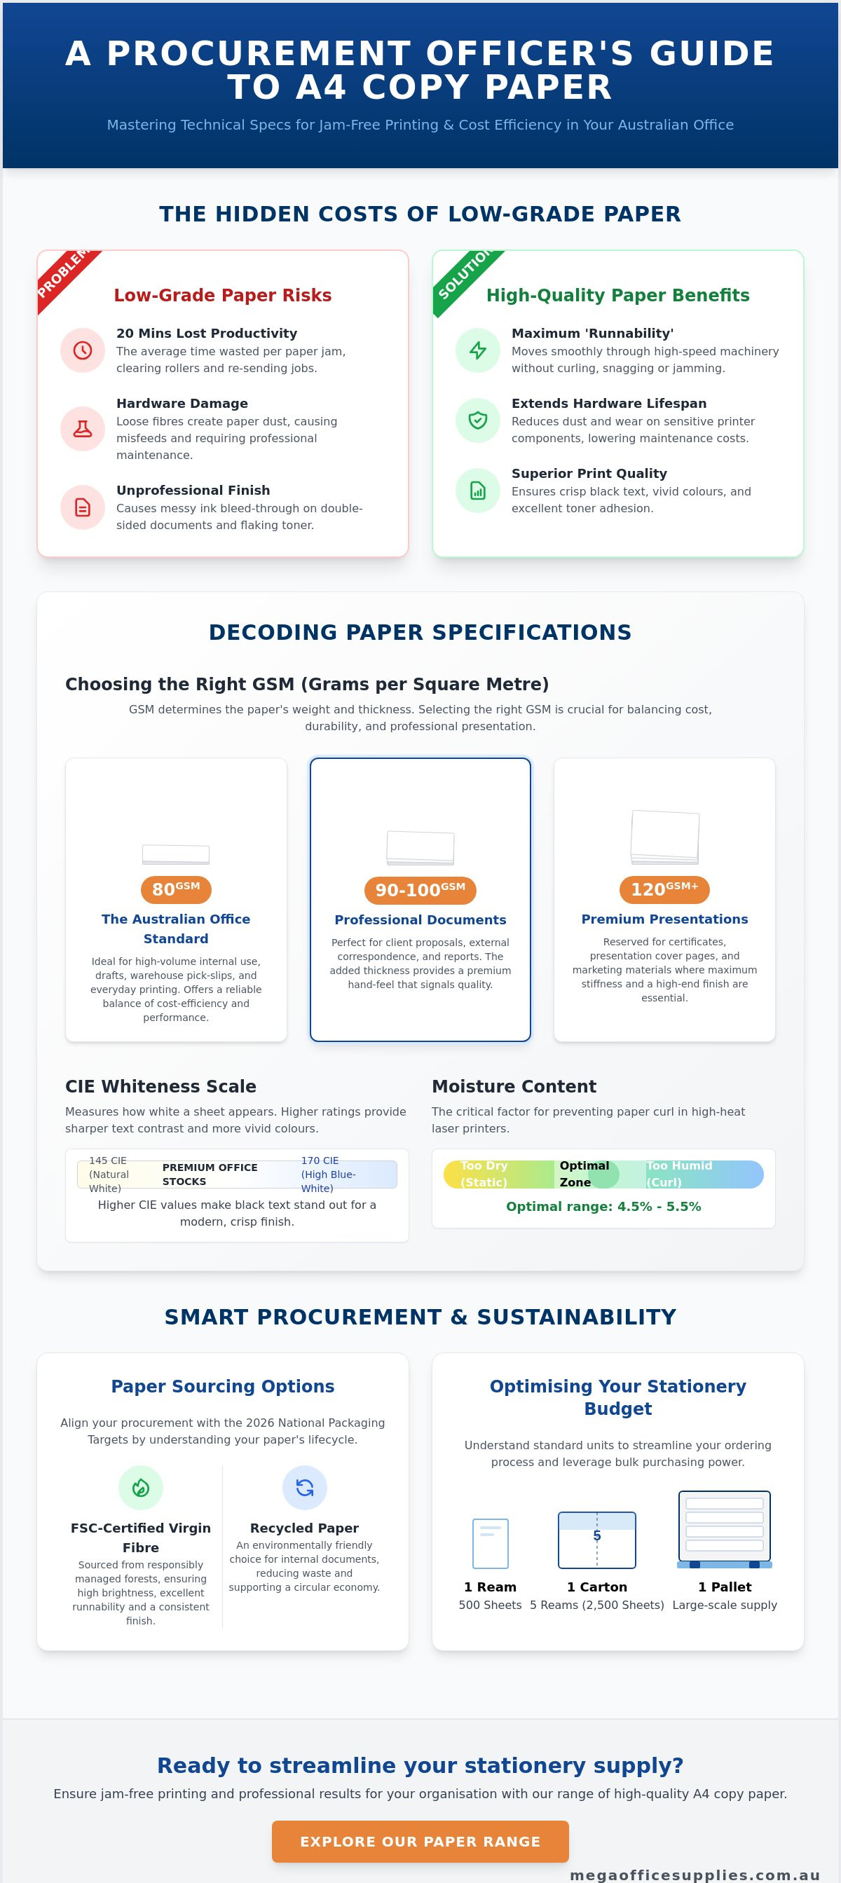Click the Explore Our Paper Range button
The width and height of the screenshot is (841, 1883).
click(x=420, y=1841)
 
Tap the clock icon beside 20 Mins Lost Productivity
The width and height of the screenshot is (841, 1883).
click(x=83, y=350)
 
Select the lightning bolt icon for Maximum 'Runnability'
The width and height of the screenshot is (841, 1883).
click(x=477, y=350)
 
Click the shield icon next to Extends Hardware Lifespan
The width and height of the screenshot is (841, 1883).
click(x=477, y=420)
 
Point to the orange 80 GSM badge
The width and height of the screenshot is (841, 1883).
click(x=175, y=889)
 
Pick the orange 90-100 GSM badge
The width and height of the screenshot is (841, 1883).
click(x=420, y=889)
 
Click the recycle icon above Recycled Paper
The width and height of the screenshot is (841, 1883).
click(x=304, y=1488)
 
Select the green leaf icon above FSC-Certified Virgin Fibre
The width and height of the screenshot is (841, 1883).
click(x=140, y=1488)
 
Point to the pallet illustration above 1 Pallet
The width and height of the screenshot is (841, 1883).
click(x=724, y=1529)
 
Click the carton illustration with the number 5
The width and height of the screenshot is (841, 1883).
click(x=596, y=1540)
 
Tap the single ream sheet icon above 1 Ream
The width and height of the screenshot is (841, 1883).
click(x=490, y=1543)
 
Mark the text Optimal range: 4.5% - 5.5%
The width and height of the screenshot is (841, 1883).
click(x=603, y=1206)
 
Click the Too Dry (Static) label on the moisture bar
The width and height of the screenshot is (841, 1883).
click(x=484, y=1174)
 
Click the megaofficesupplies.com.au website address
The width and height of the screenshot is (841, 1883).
click(x=695, y=1875)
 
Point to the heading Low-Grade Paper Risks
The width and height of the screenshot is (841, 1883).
click(x=222, y=294)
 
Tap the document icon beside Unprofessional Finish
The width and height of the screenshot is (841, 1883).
click(x=83, y=507)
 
